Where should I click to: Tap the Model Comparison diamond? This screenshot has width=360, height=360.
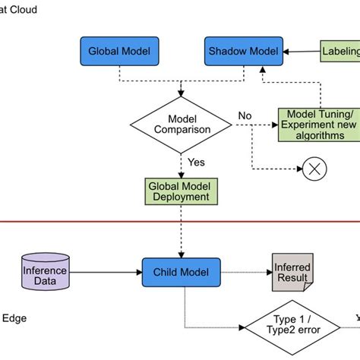[181, 123]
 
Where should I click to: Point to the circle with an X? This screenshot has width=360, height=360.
[314, 169]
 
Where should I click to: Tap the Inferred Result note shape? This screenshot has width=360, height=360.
[291, 273]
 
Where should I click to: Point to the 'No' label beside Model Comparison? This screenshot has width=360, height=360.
[245, 115]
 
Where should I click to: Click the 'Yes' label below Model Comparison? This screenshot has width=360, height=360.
[196, 163]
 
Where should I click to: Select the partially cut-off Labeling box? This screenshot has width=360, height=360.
[340, 52]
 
